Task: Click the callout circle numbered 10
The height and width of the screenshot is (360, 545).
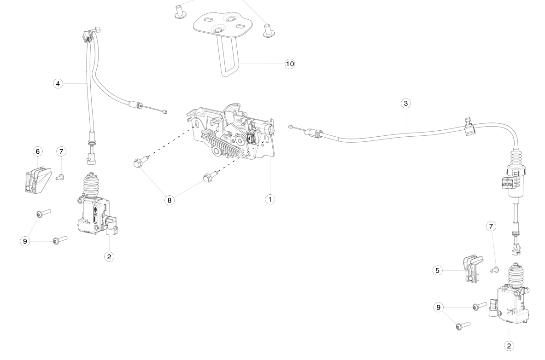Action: pyautogui.click(x=289, y=64)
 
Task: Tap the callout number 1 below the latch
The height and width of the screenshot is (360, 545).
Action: pyautogui.click(x=270, y=199)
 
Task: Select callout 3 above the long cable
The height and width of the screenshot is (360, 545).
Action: pyautogui.click(x=405, y=104)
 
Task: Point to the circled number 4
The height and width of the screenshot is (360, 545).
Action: pyautogui.click(x=58, y=84)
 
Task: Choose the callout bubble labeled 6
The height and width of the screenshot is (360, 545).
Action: pyautogui.click(x=38, y=151)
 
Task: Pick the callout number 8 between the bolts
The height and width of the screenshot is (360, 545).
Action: pyautogui.click(x=170, y=200)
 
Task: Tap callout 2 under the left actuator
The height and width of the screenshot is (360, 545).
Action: pyautogui.click(x=109, y=256)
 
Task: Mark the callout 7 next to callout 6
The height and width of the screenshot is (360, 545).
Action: pyautogui.click(x=61, y=151)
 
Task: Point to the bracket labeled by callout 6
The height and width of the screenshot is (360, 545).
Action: pyautogui.click(x=35, y=179)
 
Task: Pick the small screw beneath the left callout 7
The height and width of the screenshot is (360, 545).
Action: pyautogui.click(x=60, y=177)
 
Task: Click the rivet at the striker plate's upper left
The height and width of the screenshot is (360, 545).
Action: pyautogui.click(x=179, y=12)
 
